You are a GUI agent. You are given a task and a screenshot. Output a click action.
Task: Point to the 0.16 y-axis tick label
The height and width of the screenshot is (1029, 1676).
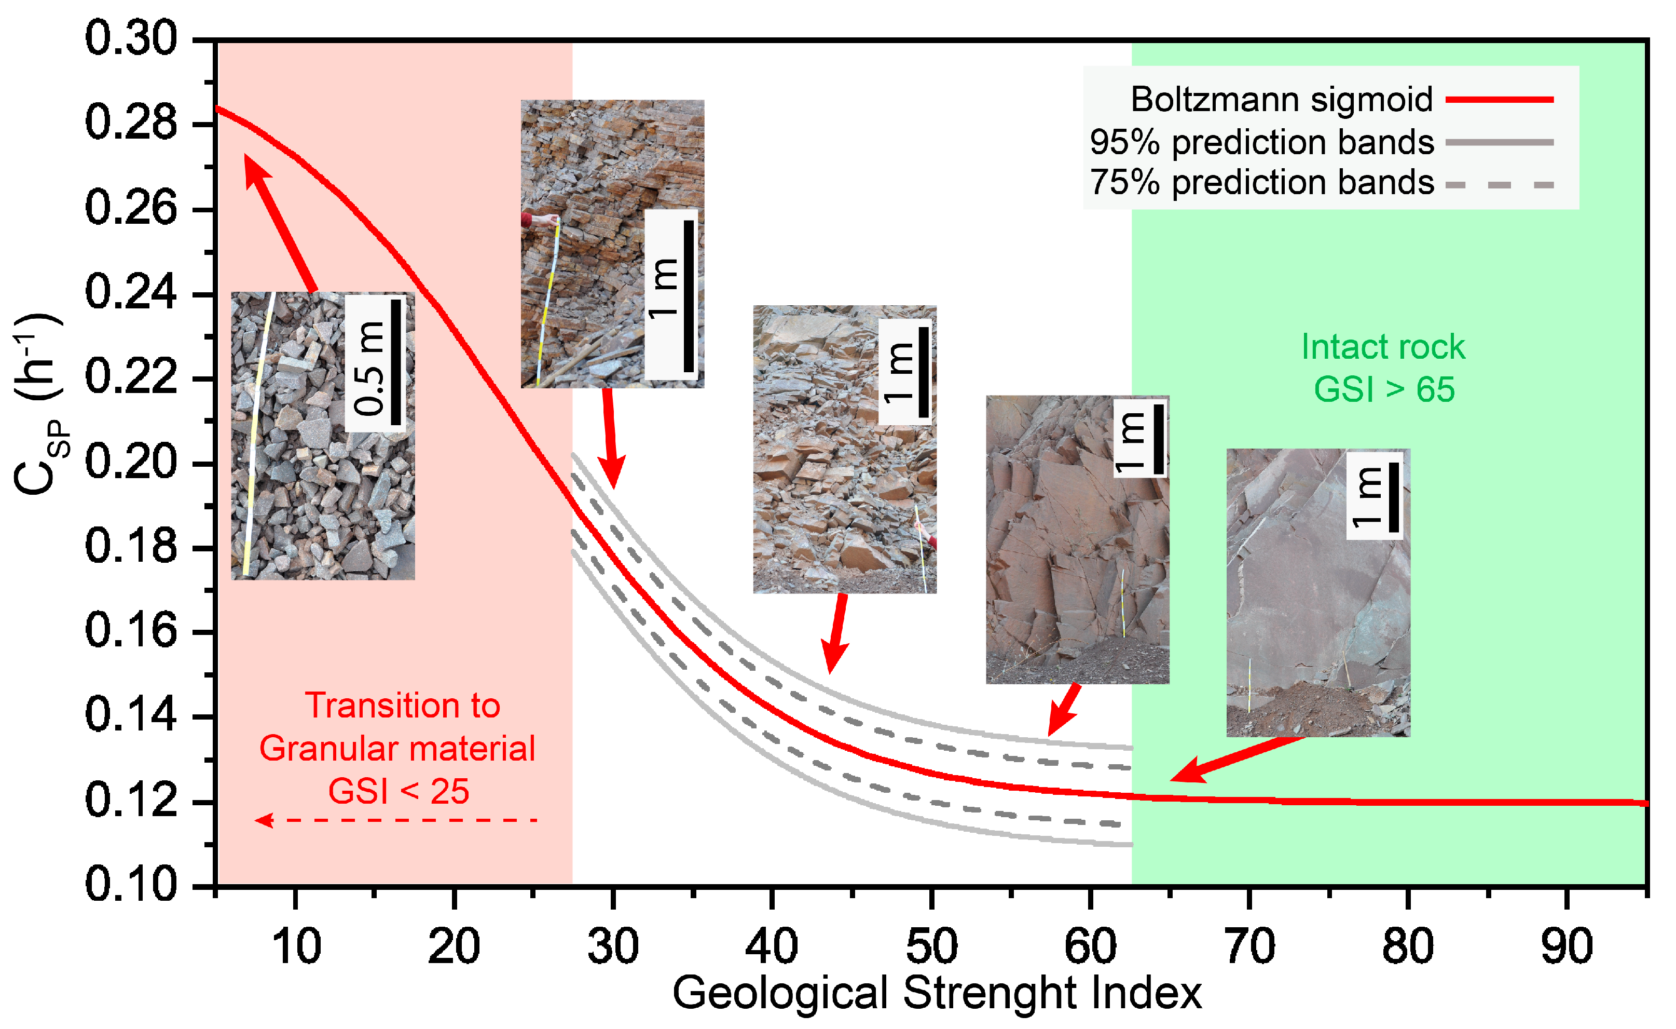click(x=131, y=631)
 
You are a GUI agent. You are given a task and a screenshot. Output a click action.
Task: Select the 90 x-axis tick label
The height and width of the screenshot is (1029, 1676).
click(x=1567, y=946)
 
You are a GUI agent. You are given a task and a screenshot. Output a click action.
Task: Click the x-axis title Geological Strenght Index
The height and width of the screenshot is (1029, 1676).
click(x=937, y=994)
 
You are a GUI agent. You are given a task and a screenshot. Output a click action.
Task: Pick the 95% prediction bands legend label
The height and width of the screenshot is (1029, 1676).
click(x=1262, y=142)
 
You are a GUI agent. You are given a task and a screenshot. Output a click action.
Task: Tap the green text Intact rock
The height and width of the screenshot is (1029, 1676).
click(x=1383, y=347)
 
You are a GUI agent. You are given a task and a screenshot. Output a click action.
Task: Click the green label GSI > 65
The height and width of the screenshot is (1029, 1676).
click(x=1383, y=389)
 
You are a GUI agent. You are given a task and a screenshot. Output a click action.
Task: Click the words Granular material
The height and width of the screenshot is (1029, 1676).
click(x=397, y=749)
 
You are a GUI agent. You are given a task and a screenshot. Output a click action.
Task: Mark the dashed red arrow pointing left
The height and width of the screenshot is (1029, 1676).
click(x=396, y=820)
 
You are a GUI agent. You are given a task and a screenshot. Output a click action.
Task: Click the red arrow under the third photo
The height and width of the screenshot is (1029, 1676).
click(x=836, y=632)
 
